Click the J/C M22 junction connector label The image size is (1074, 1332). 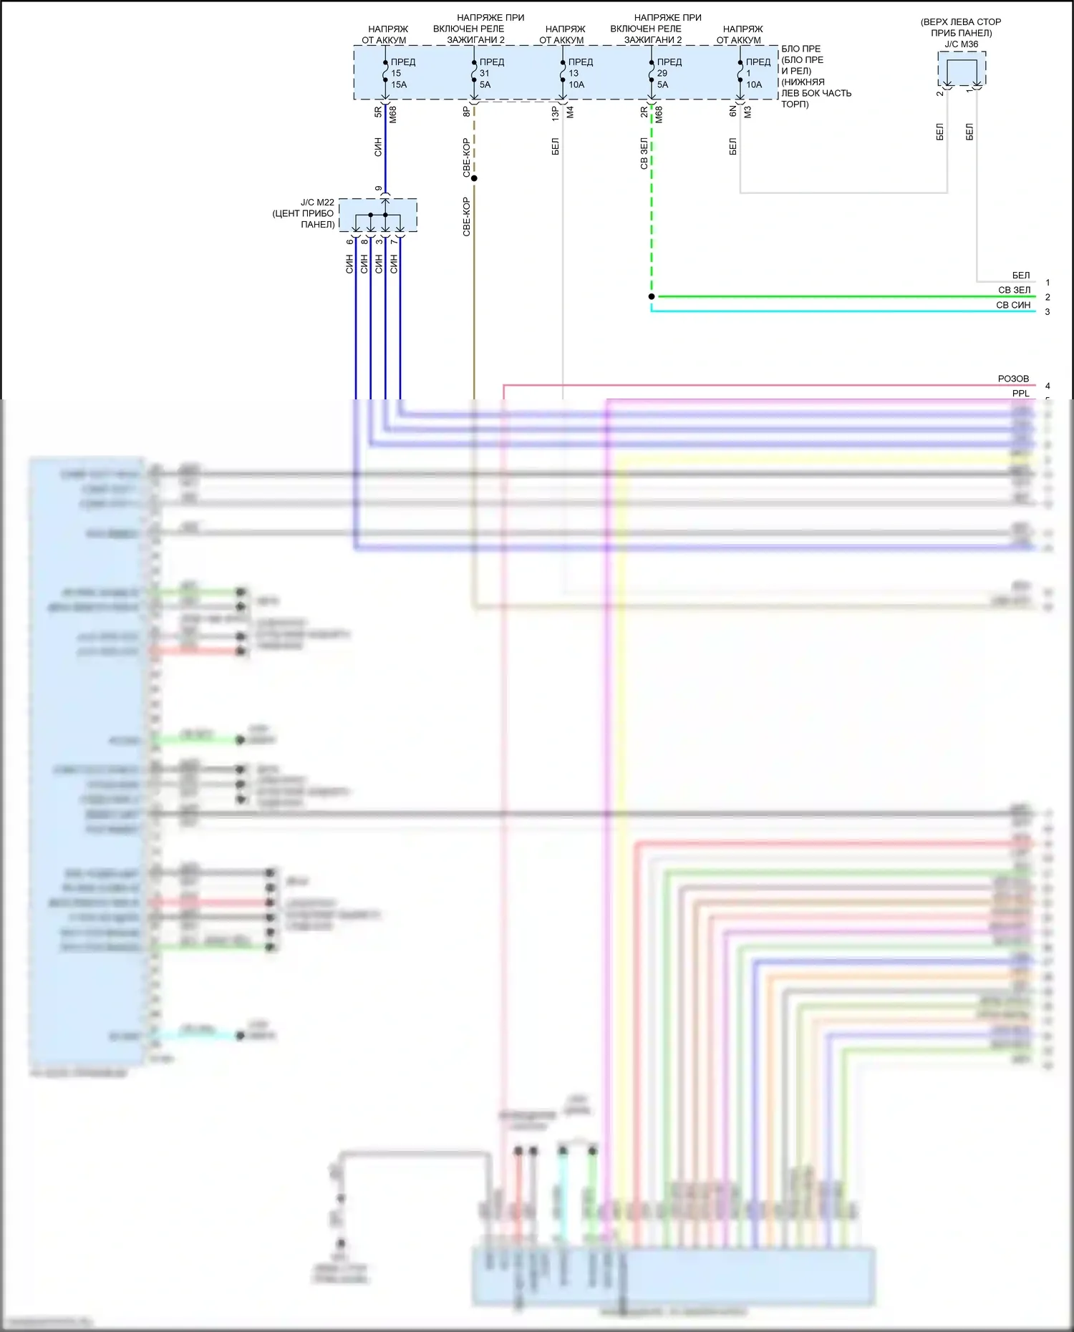point(304,213)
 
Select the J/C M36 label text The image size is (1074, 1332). point(961,44)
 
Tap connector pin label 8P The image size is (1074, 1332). point(466,112)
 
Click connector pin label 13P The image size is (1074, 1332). point(555,112)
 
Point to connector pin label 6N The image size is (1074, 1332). point(732,112)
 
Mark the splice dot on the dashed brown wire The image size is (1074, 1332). point(474,178)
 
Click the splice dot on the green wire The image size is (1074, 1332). point(652,296)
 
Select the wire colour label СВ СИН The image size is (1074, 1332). point(1013,305)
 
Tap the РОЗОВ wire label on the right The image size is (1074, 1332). point(1013,379)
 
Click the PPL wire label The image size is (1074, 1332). point(1020,393)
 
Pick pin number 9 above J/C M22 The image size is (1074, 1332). point(379,189)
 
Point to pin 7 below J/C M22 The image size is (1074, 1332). point(394,242)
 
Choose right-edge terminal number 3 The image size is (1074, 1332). point(1048,312)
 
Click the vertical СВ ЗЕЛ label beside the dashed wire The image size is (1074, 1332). point(644,153)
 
